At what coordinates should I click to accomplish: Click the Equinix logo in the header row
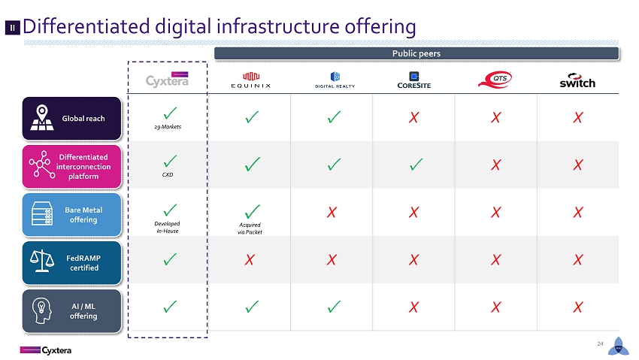250,80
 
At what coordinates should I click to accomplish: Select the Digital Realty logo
335,80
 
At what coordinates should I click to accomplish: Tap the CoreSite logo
414,80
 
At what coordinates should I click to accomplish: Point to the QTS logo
495,80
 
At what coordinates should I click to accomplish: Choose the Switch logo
577,80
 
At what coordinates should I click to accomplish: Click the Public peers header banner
416,53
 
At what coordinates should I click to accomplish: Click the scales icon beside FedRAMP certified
41,261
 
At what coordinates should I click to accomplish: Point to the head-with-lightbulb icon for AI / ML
42,310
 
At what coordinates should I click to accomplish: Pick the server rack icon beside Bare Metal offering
42,213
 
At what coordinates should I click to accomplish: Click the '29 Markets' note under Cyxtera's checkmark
168,127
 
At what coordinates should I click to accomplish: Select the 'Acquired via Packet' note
250,228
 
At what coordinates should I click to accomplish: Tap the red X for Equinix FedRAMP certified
250,260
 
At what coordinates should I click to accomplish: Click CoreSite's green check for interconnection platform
416,164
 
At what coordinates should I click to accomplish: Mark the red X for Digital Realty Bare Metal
332,212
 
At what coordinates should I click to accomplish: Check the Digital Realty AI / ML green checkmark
335,306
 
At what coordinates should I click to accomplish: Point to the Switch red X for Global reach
578,118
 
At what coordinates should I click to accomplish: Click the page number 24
600,343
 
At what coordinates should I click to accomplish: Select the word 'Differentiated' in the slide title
86,26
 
